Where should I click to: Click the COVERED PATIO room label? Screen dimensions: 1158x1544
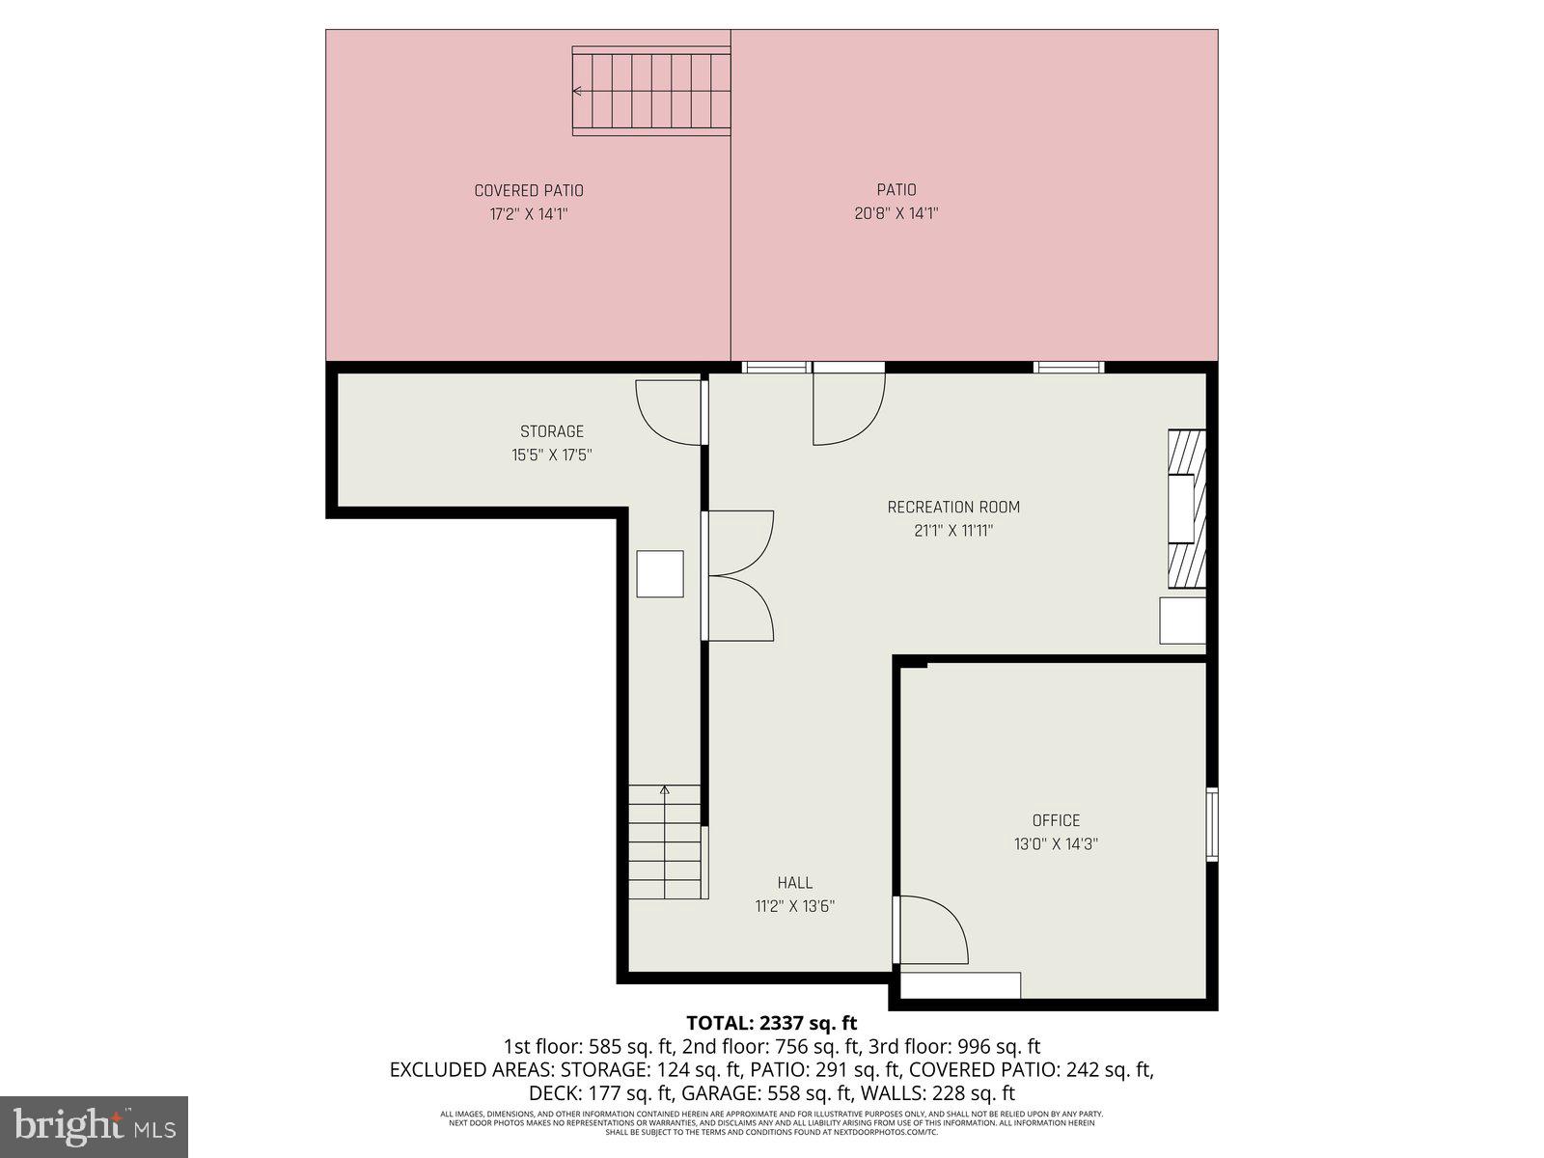click(x=529, y=191)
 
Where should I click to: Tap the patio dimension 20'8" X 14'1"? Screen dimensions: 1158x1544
click(x=896, y=213)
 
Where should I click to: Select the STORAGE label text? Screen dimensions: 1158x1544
click(x=552, y=431)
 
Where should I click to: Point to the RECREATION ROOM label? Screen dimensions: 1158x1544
click(x=953, y=507)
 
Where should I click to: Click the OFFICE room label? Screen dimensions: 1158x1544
click(x=1056, y=820)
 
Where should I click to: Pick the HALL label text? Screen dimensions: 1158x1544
click(x=795, y=882)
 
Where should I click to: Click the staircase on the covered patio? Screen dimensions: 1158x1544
click(x=651, y=93)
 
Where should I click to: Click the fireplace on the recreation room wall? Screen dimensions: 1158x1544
click(x=1187, y=508)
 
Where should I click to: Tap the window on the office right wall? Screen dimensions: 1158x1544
click(x=1213, y=823)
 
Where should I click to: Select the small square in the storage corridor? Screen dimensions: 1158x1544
click(x=660, y=574)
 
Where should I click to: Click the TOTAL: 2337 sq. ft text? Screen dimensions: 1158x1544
click(x=771, y=1023)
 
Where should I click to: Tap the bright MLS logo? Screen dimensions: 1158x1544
click(x=94, y=1125)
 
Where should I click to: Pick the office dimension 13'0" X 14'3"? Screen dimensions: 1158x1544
click(x=1056, y=843)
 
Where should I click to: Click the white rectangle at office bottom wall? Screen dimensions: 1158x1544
click(x=960, y=985)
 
